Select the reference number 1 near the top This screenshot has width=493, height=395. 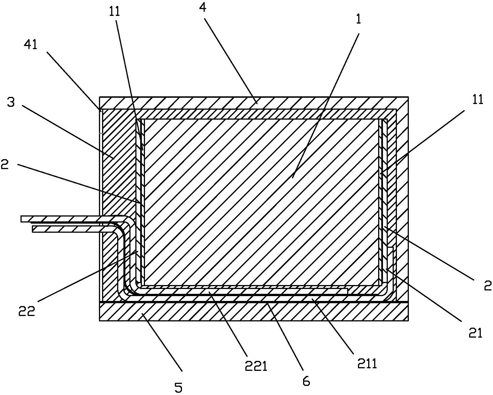point(359,19)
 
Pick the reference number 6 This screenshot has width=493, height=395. point(306,381)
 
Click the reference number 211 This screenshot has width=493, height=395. point(367,363)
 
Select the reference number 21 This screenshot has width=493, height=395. point(476,333)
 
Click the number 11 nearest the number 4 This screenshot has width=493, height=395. point(115,11)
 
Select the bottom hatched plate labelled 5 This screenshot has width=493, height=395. point(254,312)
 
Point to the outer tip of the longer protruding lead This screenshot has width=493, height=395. point(21,219)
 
